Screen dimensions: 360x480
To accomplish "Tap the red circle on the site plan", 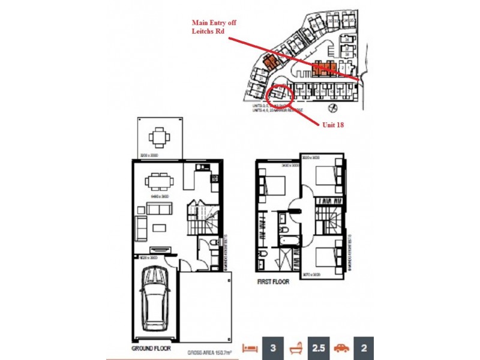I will click(x=279, y=95).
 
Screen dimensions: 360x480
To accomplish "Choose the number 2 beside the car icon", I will click(x=364, y=347).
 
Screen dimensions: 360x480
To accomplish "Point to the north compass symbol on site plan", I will click(x=334, y=108).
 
